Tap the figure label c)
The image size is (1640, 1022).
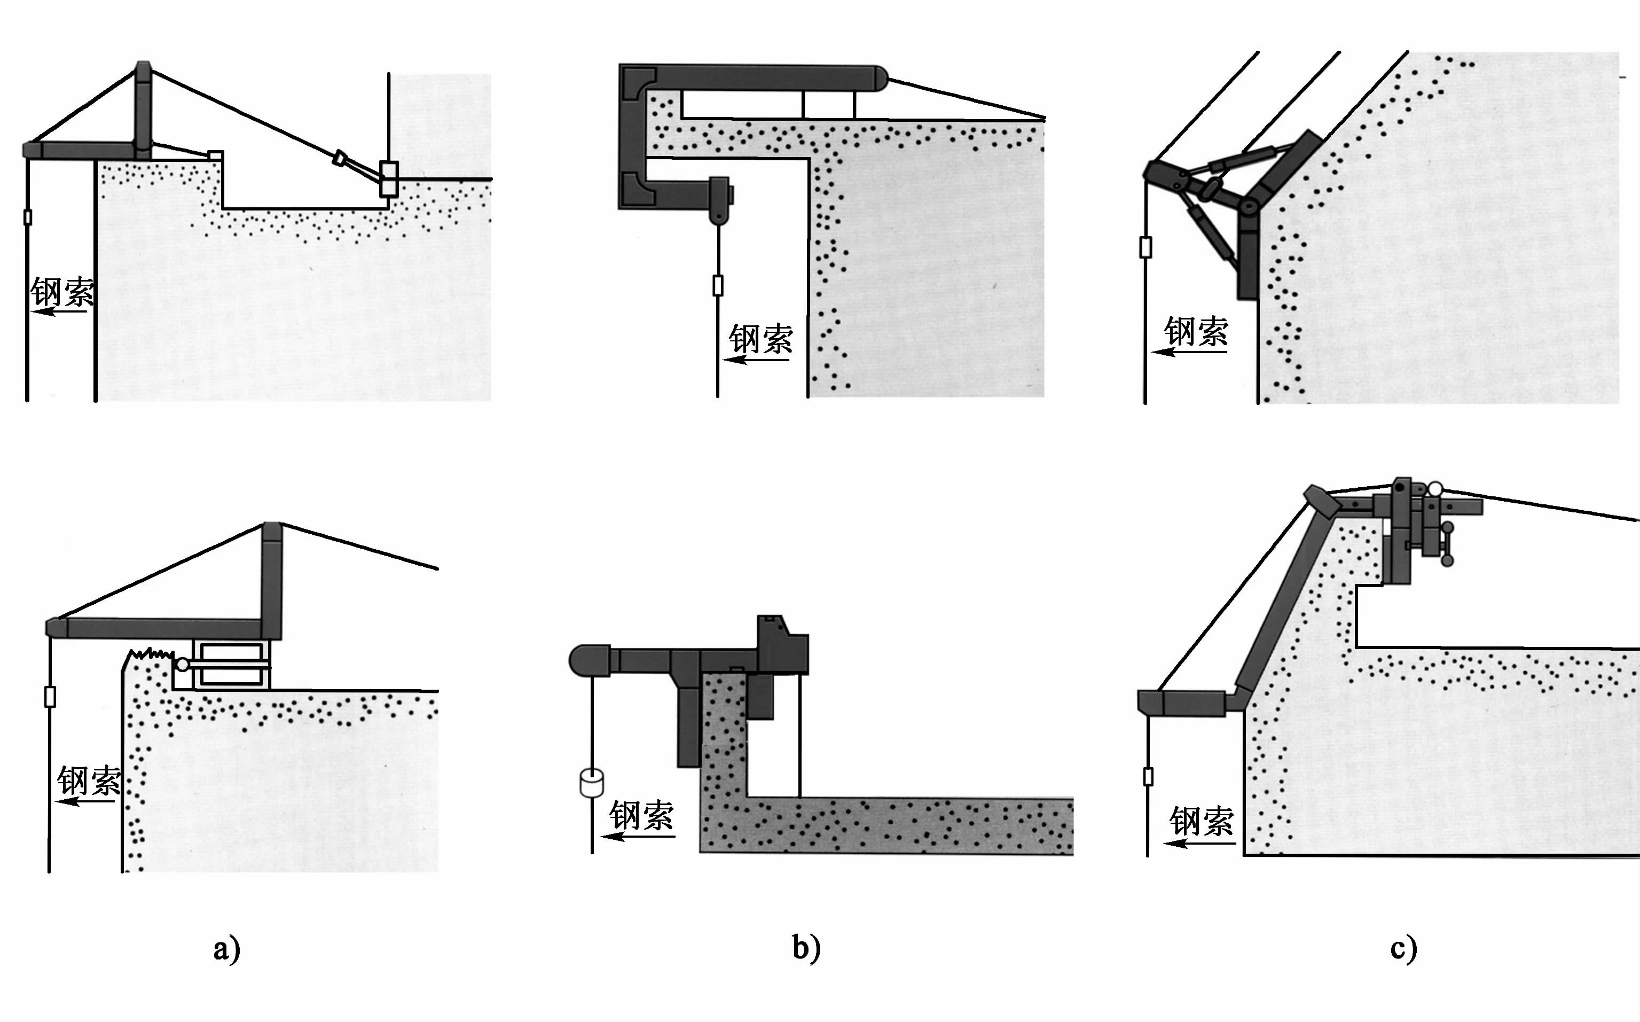(x=1403, y=948)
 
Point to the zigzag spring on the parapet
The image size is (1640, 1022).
(x=152, y=653)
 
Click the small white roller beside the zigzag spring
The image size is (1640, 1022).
(x=182, y=665)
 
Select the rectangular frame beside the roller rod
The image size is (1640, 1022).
(x=231, y=665)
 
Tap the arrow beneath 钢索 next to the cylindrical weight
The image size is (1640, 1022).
(x=638, y=837)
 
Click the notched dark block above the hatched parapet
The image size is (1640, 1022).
(x=782, y=645)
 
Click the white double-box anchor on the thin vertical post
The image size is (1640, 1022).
(x=389, y=178)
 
